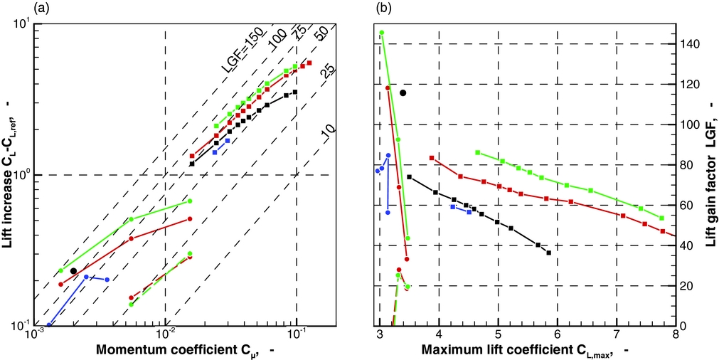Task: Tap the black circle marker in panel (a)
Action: click(x=73, y=271)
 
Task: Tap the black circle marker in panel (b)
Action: click(x=403, y=92)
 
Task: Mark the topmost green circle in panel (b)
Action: click(x=382, y=33)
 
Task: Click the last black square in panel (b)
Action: click(x=548, y=253)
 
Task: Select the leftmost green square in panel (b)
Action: click(x=478, y=152)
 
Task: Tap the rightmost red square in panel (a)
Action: click(x=309, y=63)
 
